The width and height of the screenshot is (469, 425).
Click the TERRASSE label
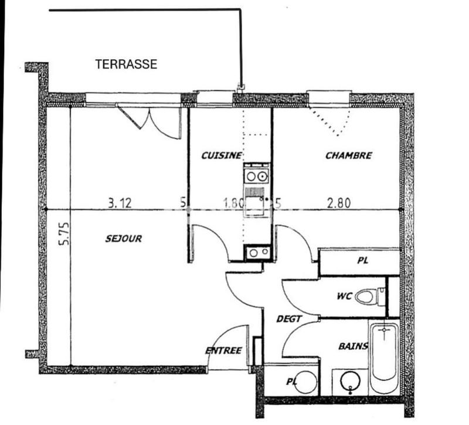coord(126,64)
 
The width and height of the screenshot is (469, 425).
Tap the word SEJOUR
coord(124,239)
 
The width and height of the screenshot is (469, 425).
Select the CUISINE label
coord(221,155)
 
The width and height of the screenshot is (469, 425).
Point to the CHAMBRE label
coord(348,155)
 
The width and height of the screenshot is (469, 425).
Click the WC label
coord(344,296)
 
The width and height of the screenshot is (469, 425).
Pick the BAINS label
coord(353,346)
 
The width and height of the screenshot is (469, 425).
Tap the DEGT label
coord(289,319)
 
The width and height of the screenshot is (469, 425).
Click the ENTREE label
coord(223,351)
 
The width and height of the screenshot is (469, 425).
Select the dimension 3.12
coord(120,203)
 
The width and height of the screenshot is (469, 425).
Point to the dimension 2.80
coord(339,203)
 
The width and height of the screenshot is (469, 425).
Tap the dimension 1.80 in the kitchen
coord(234,203)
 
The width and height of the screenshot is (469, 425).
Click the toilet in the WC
coord(370,297)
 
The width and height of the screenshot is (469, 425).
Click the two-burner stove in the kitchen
coord(256,175)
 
